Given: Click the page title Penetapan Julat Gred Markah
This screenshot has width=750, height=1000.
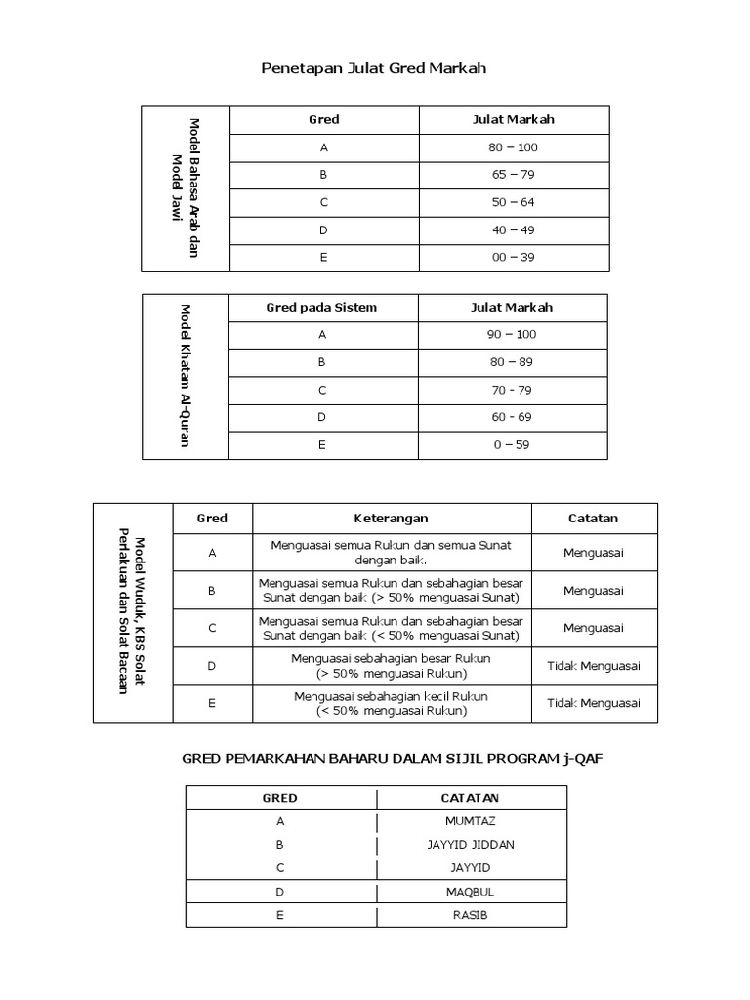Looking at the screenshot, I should click(x=374, y=68).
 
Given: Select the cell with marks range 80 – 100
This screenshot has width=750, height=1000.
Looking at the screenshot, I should click(x=513, y=147).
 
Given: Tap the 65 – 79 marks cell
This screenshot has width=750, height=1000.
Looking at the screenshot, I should click(x=513, y=175).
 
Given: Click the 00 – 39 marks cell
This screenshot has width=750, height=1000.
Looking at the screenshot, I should click(x=513, y=258).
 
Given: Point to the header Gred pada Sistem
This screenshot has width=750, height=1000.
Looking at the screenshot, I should click(x=321, y=308).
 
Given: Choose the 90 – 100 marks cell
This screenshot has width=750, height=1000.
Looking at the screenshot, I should click(x=513, y=335).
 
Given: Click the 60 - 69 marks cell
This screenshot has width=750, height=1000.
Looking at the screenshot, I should click(x=513, y=417).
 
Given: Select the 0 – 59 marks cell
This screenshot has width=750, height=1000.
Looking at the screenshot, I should click(x=513, y=444).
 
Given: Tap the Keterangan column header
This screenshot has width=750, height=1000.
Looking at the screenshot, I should click(x=391, y=519).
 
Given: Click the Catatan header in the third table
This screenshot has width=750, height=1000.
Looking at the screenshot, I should click(x=593, y=519).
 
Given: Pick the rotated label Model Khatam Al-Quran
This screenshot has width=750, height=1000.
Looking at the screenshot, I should click(x=185, y=376).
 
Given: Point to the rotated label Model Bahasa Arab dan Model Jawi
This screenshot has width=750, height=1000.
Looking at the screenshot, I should click(x=186, y=188).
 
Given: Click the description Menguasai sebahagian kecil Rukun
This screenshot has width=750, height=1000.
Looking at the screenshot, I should click(x=391, y=703).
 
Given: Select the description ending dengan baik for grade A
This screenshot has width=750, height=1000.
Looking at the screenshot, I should click(x=391, y=553).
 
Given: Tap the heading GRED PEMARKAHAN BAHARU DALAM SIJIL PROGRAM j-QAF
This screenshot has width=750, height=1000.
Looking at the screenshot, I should click(x=387, y=758).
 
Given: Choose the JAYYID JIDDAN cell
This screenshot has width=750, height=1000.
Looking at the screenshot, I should click(x=471, y=845).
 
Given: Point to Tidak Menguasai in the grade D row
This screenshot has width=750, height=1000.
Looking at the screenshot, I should click(x=593, y=666).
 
